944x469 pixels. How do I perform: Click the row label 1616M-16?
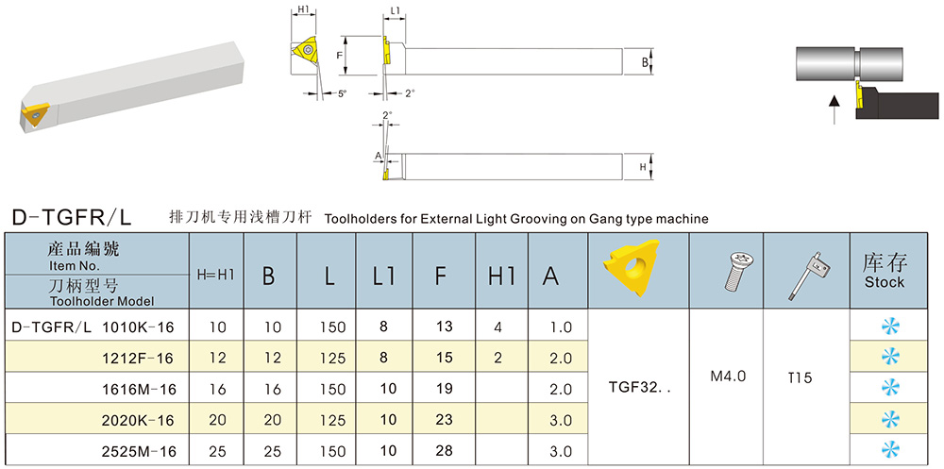tap(140, 390)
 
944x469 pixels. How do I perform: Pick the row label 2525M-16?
tap(139, 451)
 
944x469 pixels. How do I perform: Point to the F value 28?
tap(445, 451)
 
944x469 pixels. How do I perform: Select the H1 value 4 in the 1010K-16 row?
tap(497, 327)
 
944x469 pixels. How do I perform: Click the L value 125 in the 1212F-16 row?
tap(332, 359)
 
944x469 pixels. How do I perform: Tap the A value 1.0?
tap(561, 327)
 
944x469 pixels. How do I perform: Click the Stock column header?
tap(885, 271)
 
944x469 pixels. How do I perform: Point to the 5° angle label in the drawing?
tap(342, 93)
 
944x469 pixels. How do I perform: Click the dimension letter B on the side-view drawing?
tap(644, 62)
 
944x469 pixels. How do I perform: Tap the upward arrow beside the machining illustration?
tap(834, 109)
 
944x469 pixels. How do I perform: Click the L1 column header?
tap(384, 276)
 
